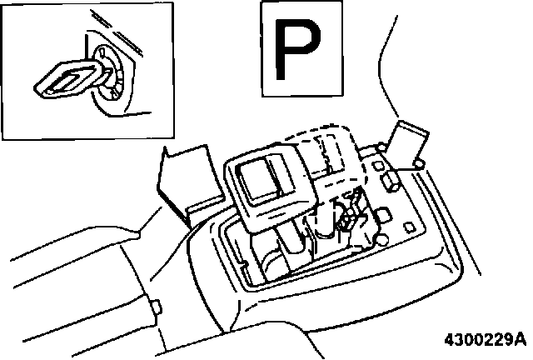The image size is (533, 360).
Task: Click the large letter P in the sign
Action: click(x=301, y=49)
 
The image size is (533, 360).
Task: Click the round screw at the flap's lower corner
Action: click(x=418, y=161)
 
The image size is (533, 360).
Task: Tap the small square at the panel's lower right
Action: click(x=410, y=227)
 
